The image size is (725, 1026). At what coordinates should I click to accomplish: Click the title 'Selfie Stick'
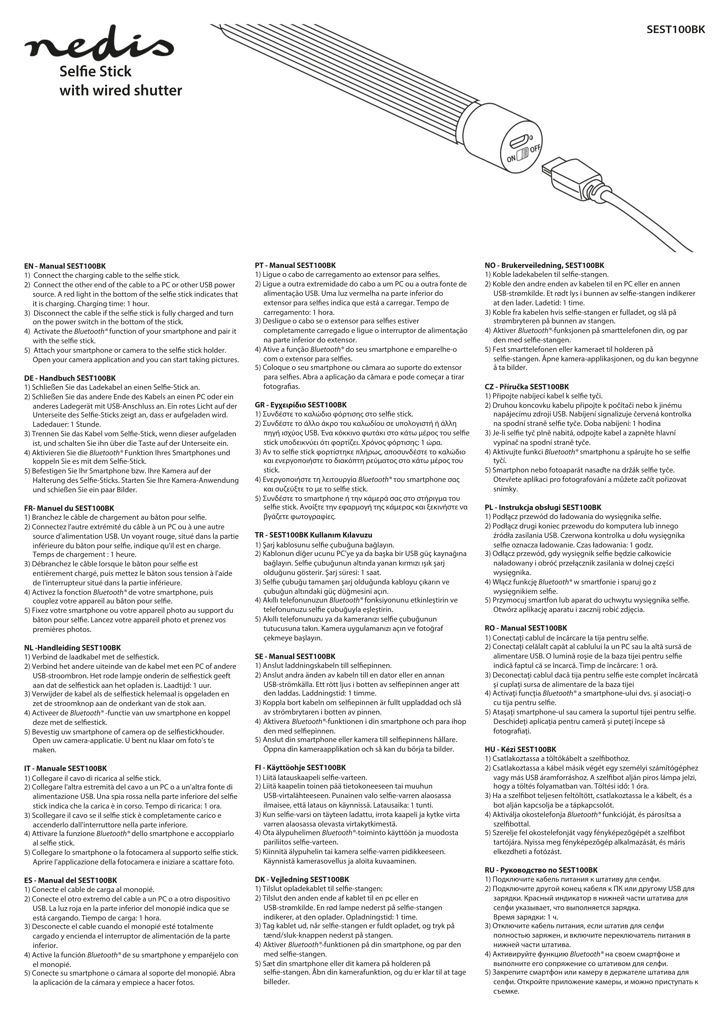point(96,71)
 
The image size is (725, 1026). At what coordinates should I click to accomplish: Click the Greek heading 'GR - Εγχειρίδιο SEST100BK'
point(301,405)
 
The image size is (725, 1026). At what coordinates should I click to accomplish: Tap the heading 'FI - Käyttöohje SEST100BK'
point(300,768)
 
